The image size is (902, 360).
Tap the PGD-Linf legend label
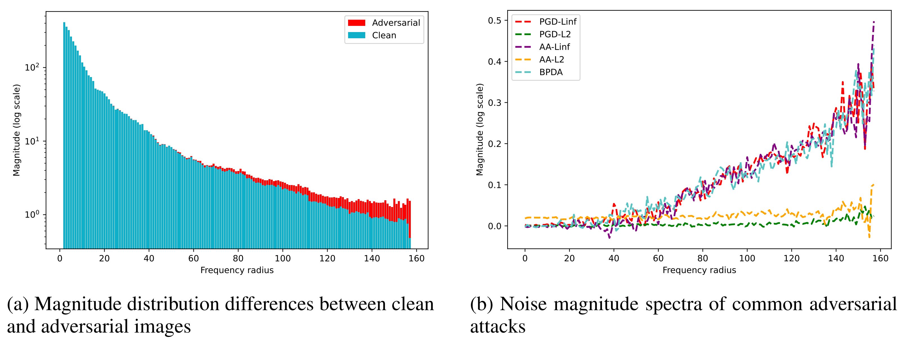pyautogui.click(x=558, y=22)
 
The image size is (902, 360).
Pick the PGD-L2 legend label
pyautogui.click(x=555, y=34)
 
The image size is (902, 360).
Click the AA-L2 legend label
pyautogui.click(x=551, y=60)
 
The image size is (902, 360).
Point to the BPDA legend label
pyautogui.click(x=551, y=72)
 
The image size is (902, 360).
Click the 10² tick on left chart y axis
pyautogui.click(x=32, y=67)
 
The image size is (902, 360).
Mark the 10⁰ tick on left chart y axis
pyautogui.click(x=32, y=215)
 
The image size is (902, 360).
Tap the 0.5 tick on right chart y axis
pyautogui.click(x=494, y=21)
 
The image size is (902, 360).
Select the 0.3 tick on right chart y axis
pyautogui.click(x=494, y=103)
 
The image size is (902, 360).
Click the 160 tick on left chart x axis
pyautogui.click(x=416, y=258)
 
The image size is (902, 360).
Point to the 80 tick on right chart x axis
pyautogui.click(x=702, y=258)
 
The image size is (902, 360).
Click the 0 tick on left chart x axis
pyautogui.click(x=60, y=258)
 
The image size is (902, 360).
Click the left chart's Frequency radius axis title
pyautogui.click(x=237, y=270)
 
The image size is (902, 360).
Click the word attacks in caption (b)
pyautogui.click(x=498, y=326)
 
